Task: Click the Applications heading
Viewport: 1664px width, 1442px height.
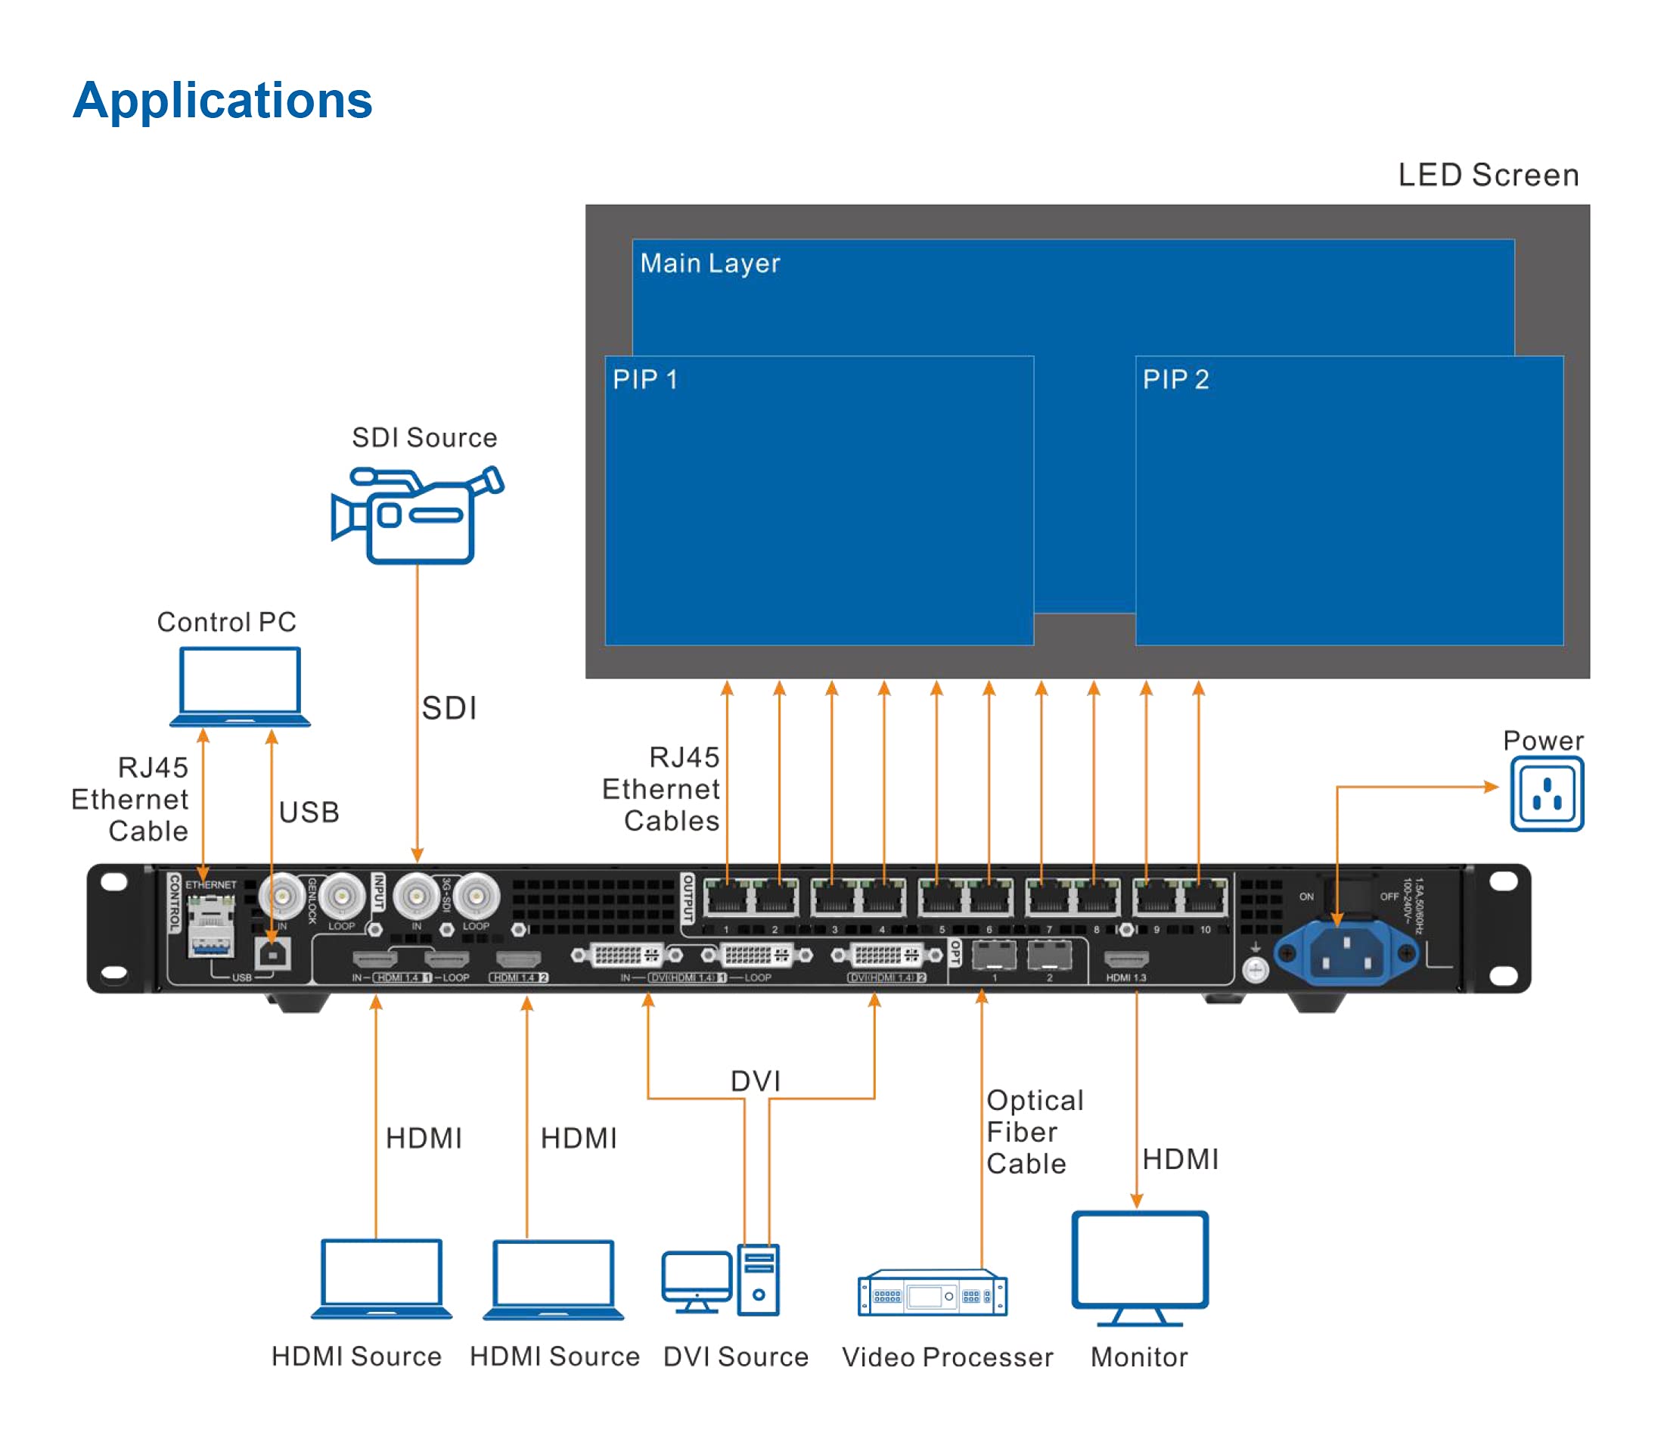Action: click(222, 101)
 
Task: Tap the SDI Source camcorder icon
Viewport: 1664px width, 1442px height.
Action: click(417, 515)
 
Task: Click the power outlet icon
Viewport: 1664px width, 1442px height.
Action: click(1546, 794)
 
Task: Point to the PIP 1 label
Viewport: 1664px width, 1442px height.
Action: click(644, 380)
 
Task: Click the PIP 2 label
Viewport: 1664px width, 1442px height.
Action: click(1175, 380)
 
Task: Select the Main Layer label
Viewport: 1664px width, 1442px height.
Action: click(709, 263)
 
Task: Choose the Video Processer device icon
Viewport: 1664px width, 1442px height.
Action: click(932, 1293)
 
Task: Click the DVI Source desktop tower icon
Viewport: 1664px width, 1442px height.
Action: click(758, 1280)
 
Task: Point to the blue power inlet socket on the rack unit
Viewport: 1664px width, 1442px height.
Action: click(1346, 953)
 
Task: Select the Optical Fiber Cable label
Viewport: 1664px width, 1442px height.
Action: click(1034, 1133)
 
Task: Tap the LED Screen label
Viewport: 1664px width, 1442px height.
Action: click(1488, 176)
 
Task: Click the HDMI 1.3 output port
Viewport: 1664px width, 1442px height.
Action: click(1125, 959)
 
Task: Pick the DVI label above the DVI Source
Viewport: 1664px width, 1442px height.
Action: click(755, 1080)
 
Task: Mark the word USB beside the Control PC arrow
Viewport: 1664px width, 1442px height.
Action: click(309, 813)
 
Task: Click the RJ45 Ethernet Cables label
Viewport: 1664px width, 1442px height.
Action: click(661, 789)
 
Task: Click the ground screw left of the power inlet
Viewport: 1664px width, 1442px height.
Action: click(1256, 971)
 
